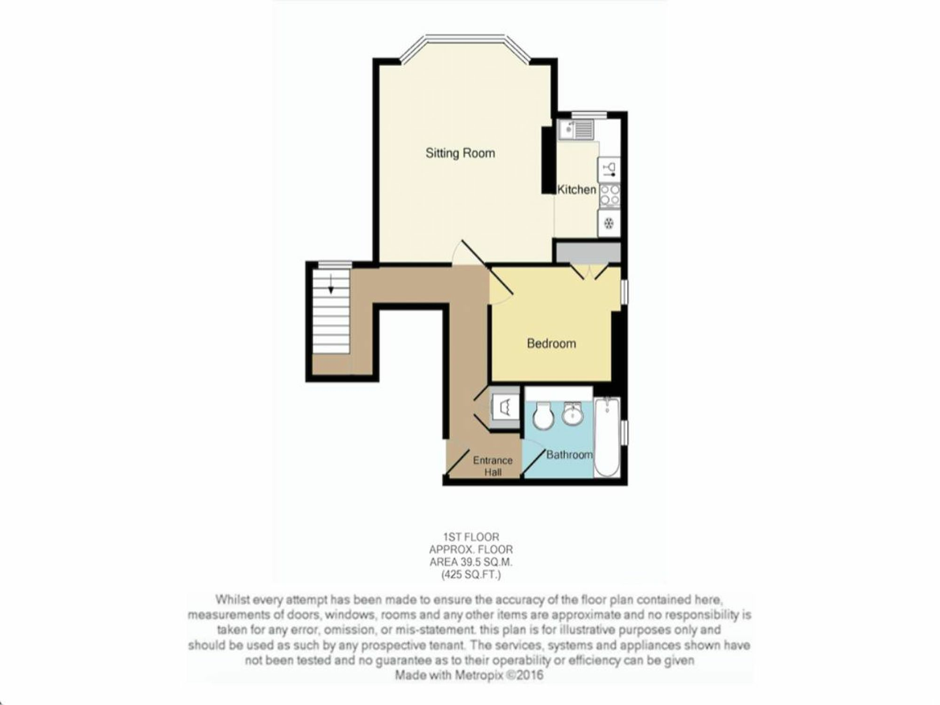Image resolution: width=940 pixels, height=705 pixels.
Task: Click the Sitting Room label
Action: click(460, 153)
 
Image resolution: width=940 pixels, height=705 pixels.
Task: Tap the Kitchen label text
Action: click(577, 189)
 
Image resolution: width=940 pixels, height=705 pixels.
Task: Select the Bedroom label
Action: click(551, 344)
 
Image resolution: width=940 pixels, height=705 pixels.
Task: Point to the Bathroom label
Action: click(569, 454)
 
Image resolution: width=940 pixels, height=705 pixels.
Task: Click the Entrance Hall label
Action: click(493, 466)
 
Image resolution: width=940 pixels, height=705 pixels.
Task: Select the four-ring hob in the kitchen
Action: click(609, 195)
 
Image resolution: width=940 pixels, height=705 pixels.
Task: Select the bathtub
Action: click(607, 438)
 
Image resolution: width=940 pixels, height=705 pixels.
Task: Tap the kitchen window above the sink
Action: click(588, 114)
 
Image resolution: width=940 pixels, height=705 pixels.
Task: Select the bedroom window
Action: click(624, 291)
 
